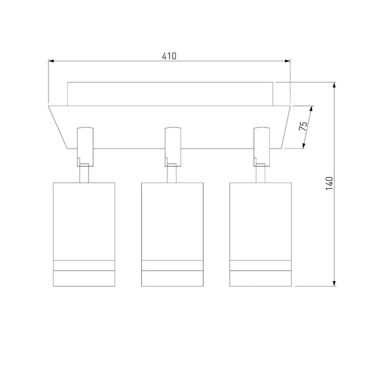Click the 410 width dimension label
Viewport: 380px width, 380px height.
pos(169,56)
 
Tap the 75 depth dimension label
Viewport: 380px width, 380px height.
pos(303,126)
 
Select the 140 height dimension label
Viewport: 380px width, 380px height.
pos(329,184)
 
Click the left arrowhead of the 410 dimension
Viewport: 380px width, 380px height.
pos(51,61)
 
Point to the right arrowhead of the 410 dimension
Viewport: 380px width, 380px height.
pos(288,61)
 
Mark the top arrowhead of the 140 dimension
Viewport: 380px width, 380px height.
pos(334,85)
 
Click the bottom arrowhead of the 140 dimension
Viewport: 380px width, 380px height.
pos(334,283)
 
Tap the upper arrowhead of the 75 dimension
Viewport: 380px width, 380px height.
pos(312,108)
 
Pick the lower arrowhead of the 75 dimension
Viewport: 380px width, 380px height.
pos(304,146)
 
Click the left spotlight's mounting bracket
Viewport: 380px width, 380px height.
pos(85,147)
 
